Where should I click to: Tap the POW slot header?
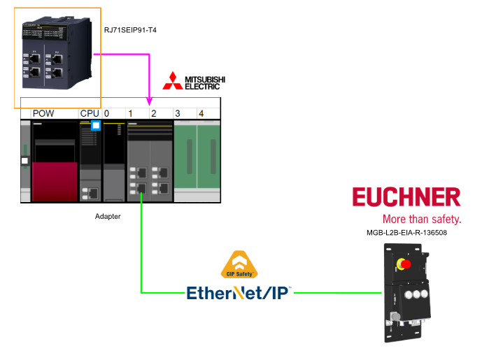click(43, 113)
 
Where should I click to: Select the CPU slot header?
click(90, 113)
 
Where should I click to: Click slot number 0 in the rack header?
click(107, 113)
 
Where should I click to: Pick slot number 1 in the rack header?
click(130, 113)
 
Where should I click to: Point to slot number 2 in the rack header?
click(154, 113)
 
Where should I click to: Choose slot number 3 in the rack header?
click(178, 113)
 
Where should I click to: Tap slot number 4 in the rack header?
click(201, 113)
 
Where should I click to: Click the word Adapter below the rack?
click(108, 217)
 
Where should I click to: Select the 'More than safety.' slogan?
click(422, 219)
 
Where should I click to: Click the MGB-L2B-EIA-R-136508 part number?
click(406, 233)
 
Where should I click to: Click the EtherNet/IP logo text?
click(239, 293)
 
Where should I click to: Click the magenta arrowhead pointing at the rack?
click(150, 103)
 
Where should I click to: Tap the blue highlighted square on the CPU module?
click(97, 127)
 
